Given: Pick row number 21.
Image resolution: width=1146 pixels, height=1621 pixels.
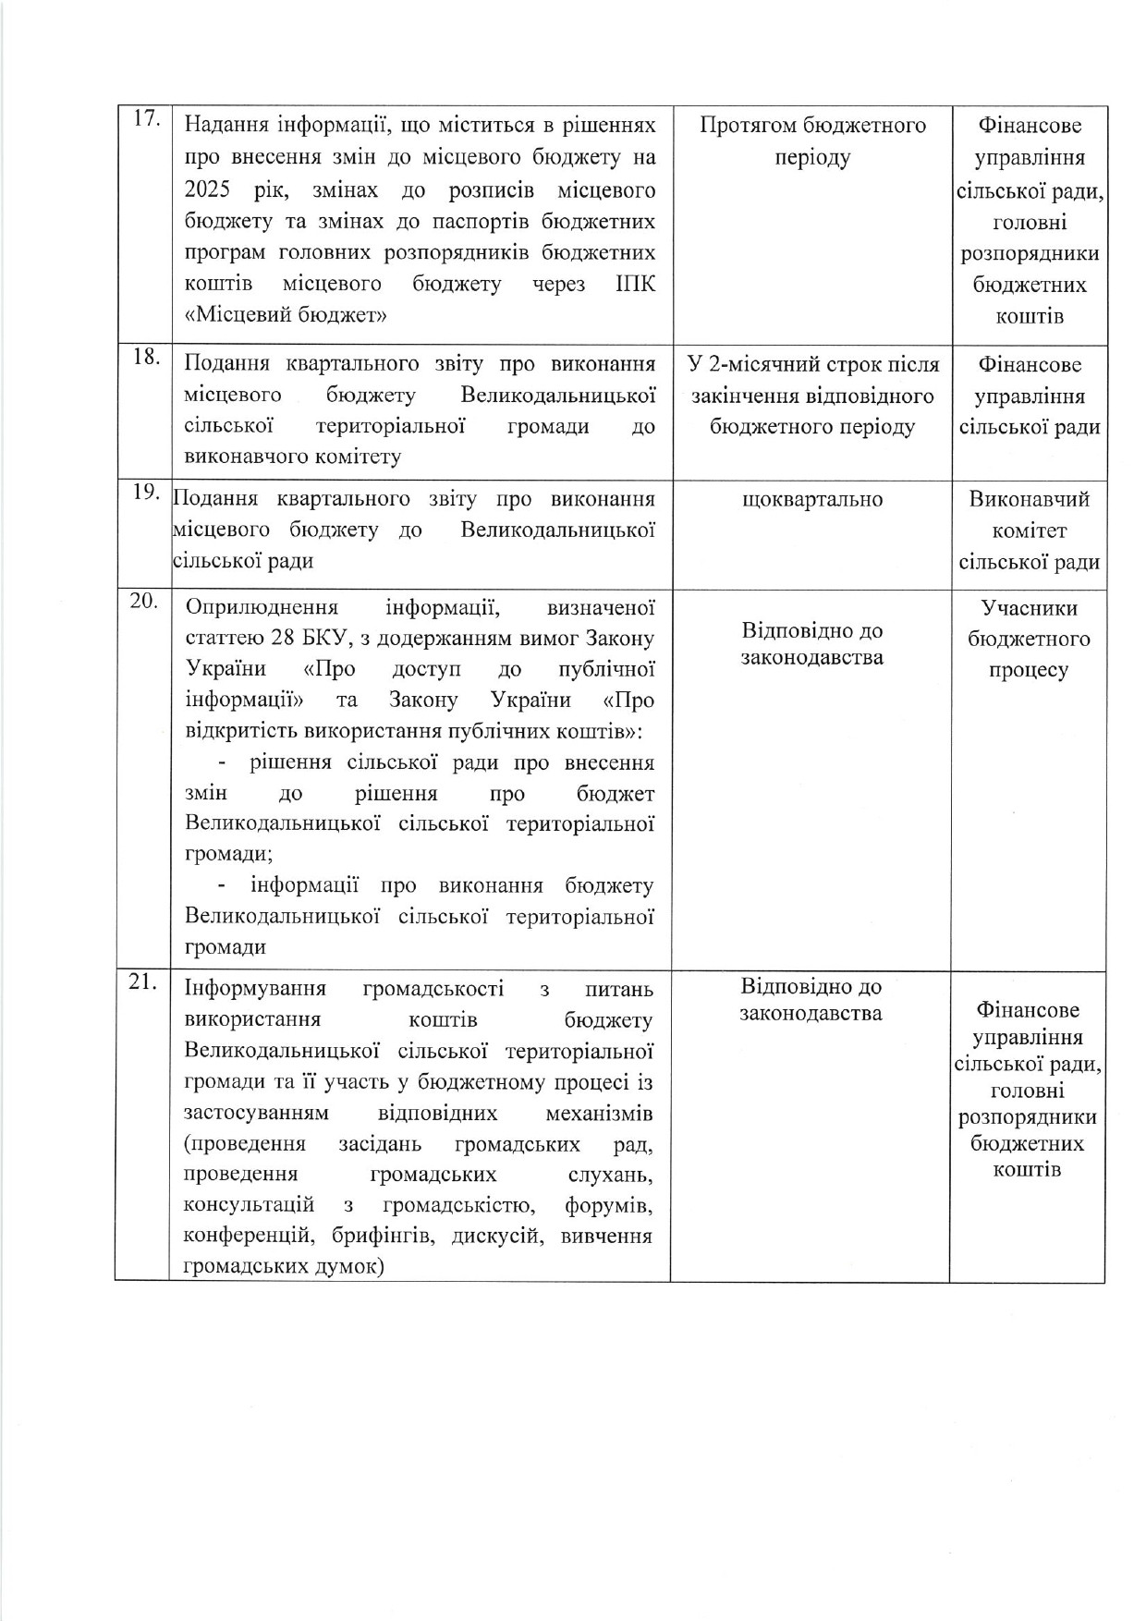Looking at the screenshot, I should pyautogui.click(x=143, y=983).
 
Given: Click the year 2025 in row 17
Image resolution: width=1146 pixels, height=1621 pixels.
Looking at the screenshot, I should pyautogui.click(x=208, y=190).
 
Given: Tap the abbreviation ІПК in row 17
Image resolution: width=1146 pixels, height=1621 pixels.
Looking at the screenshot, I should pyautogui.click(x=636, y=283).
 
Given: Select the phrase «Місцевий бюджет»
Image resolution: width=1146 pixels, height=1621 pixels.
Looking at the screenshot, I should pyautogui.click(x=286, y=314).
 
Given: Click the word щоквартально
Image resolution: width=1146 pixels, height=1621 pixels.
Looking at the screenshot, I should pyautogui.click(x=811, y=500).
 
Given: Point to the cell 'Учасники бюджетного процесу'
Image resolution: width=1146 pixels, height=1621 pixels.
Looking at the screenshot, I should pyautogui.click(x=1028, y=639).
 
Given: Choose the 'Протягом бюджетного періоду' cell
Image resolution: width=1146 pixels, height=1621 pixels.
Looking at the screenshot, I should pyautogui.click(x=812, y=140).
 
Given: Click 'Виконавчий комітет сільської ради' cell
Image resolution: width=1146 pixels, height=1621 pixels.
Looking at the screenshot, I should pyautogui.click(x=1029, y=530).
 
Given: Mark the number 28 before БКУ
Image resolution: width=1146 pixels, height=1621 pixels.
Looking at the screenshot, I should pyautogui.click(x=283, y=639).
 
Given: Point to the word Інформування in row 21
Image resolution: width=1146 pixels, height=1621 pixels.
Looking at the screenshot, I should pyautogui.click(x=255, y=989).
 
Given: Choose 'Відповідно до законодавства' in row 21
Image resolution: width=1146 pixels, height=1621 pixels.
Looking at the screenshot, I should pyautogui.click(x=811, y=1000).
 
